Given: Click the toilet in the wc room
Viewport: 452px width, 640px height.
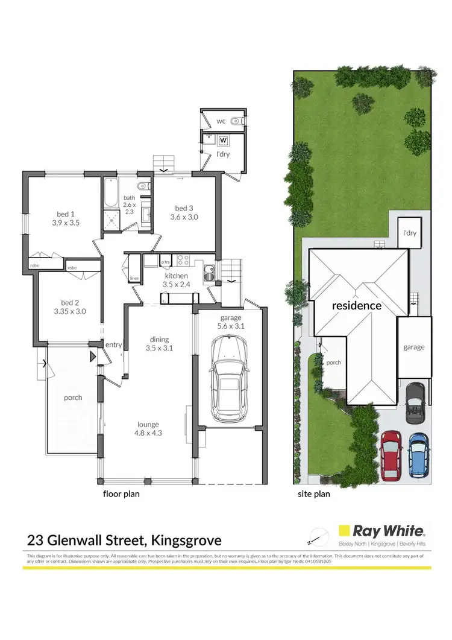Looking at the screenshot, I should coord(240,121).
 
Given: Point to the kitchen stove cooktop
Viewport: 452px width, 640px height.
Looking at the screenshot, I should coord(183,261).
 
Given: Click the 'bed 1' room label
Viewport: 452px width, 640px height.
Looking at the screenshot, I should coord(66,214).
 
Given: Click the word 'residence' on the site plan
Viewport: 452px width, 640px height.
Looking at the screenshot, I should coord(357,305).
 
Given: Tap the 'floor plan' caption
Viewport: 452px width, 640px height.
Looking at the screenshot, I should coord(122,493).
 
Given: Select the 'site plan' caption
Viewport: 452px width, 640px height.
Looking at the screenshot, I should coord(314,493).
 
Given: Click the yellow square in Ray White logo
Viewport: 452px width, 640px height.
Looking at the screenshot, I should coord(344,531).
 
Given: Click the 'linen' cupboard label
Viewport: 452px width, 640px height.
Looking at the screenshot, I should coord(134,278).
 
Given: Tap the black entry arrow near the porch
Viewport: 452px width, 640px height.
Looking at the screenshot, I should coord(92,356).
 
